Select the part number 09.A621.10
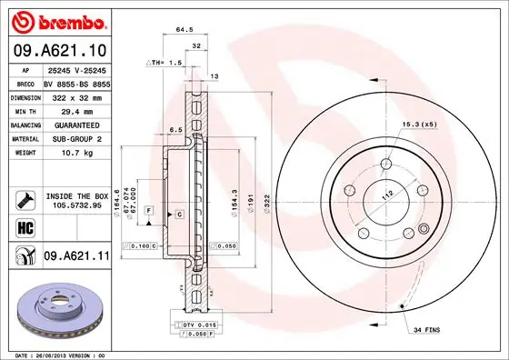(x=59, y=50)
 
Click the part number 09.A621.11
(x=76, y=257)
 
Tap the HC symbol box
(x=22, y=227)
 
